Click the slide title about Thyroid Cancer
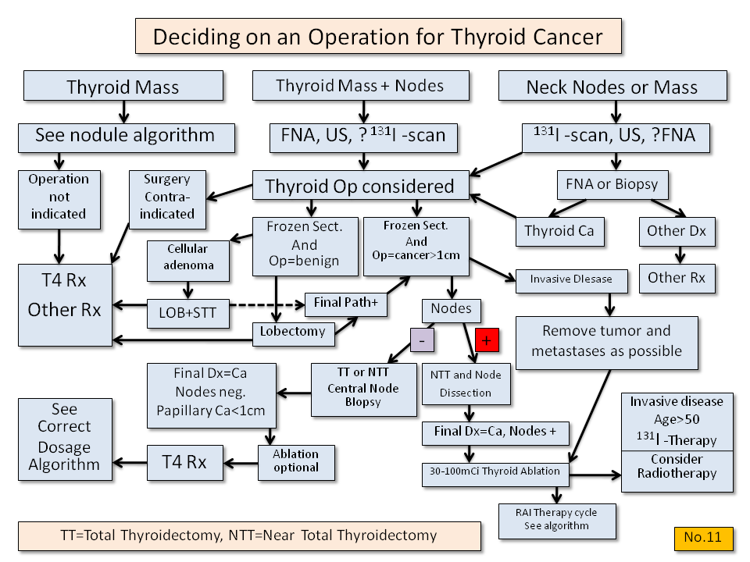(378, 37)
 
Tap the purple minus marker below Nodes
(423, 341)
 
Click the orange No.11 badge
(703, 537)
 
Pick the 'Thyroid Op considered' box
(359, 187)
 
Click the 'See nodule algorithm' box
(125, 136)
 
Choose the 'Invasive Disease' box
(570, 279)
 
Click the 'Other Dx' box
(677, 231)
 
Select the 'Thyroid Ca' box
(559, 231)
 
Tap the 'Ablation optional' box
(296, 461)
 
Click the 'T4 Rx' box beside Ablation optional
(184, 461)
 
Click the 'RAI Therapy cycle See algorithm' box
(556, 518)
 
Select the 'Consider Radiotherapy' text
(677, 466)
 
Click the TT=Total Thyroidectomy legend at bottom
(248, 536)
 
